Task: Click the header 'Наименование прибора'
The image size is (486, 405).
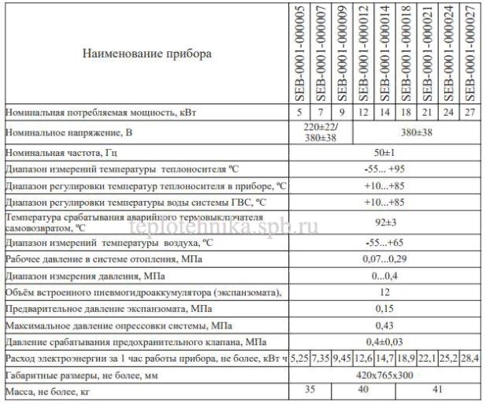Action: tap(147, 54)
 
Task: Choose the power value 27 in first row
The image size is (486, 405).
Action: tap(469, 113)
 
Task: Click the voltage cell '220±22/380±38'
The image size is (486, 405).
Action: tap(320, 132)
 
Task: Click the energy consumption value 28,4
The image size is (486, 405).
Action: tap(469, 359)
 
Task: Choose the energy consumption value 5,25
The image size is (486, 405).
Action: tap(299, 359)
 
